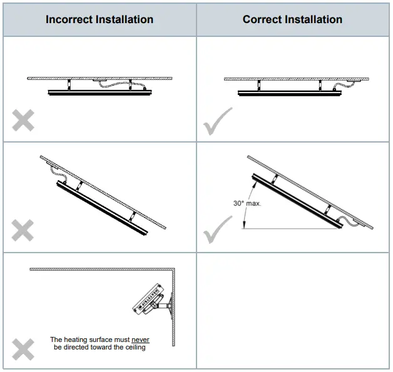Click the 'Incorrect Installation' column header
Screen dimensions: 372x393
coord(99,19)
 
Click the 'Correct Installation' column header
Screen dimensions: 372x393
coord(292,19)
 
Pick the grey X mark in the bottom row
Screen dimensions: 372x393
coord(23,348)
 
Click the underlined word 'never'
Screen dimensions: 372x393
coord(140,340)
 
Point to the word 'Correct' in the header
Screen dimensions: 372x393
coord(266,19)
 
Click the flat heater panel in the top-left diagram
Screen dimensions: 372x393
coord(98,93)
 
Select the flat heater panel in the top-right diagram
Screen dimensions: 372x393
coord(289,93)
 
